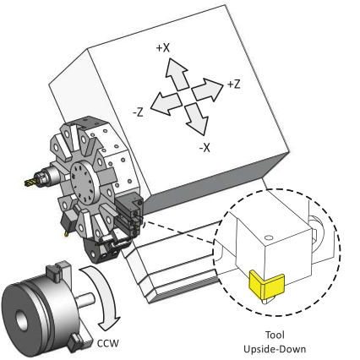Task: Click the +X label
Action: (x=163, y=48)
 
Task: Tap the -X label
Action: (x=205, y=147)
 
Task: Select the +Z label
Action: (x=234, y=84)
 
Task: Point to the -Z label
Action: (x=138, y=112)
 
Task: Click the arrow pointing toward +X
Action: (x=177, y=74)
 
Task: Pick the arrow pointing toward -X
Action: (x=196, y=119)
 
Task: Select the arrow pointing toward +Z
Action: (x=208, y=90)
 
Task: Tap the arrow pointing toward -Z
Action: (x=166, y=103)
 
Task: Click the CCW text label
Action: (x=108, y=343)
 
